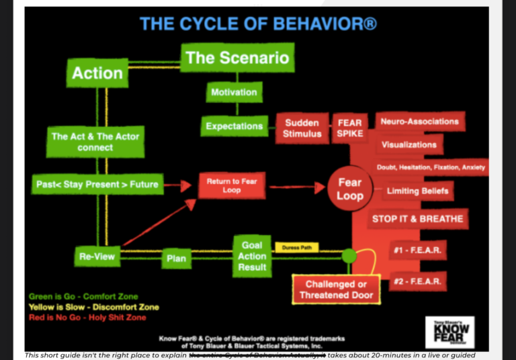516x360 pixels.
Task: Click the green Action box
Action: tap(97, 73)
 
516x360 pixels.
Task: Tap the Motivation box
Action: tap(234, 93)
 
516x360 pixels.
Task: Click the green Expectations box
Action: tap(234, 126)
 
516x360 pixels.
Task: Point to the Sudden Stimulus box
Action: tap(302, 128)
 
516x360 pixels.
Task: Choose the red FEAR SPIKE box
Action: tap(350, 128)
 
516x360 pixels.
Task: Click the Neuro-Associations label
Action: tap(419, 122)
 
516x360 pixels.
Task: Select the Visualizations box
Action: tap(408, 144)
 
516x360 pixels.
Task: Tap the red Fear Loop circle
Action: tap(349, 189)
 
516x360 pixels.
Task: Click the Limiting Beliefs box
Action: tap(417, 191)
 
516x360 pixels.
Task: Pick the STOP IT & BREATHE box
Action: tap(417, 218)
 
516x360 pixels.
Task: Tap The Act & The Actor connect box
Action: tap(95, 142)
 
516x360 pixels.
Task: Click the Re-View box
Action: tap(97, 256)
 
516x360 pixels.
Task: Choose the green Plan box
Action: tap(176, 257)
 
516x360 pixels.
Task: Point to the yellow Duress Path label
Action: tap(296, 248)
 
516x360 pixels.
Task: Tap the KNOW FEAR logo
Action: tap(449, 331)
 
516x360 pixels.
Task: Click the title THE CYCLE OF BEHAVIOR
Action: tap(258, 24)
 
